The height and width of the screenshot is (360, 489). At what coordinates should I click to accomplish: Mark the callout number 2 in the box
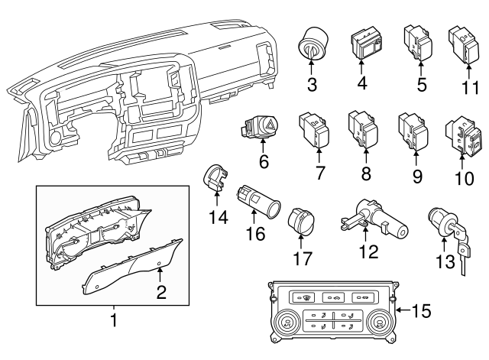click(161, 290)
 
